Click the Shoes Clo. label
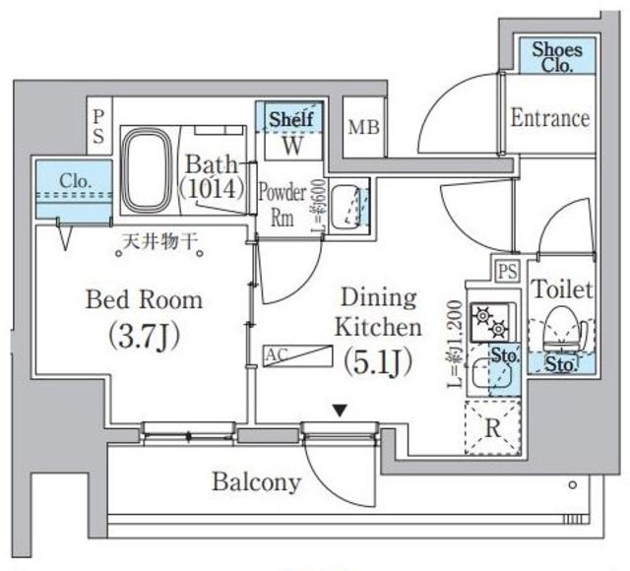tap(558, 56)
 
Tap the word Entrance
tap(550, 119)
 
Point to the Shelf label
tap(291, 118)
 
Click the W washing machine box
tap(292, 146)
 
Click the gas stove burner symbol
tap(486, 320)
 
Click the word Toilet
tap(562, 289)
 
